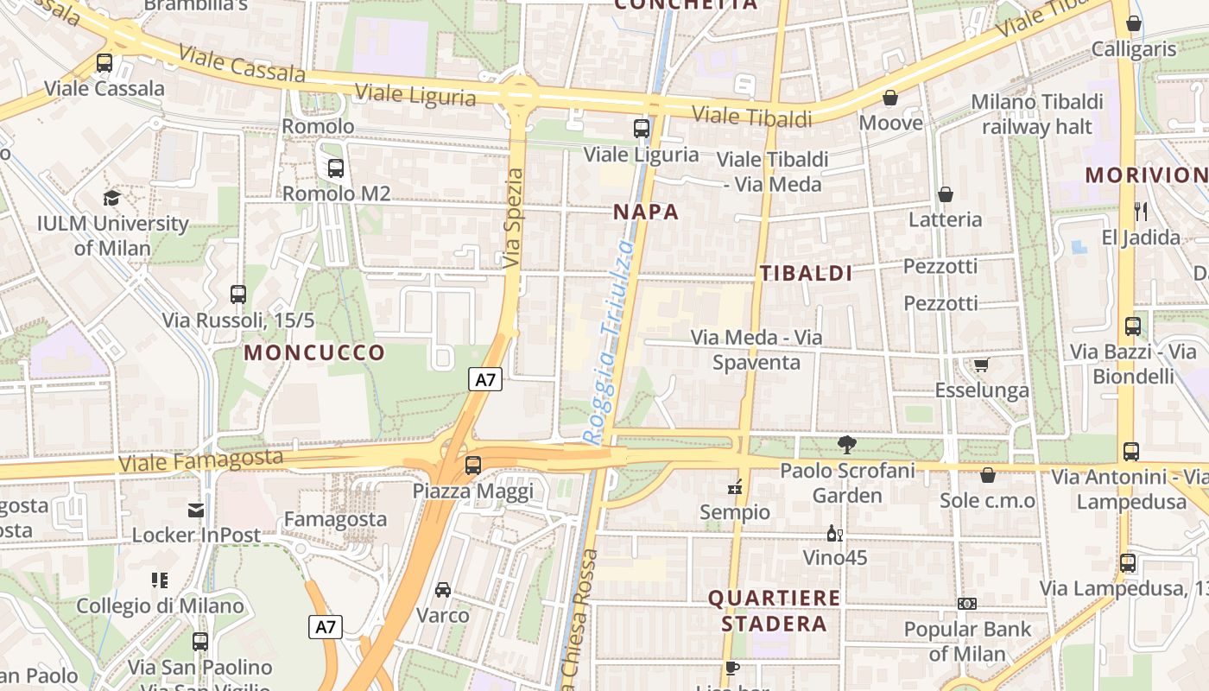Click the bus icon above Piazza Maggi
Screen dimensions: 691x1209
point(472,466)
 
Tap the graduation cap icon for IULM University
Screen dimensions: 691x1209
point(111,198)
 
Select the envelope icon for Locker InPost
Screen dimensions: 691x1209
point(196,510)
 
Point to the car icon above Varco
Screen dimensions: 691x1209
point(443,590)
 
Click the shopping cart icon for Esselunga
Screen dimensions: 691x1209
point(981,365)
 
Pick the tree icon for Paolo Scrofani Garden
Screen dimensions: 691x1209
point(847,445)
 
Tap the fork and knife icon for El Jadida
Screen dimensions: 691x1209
point(1141,211)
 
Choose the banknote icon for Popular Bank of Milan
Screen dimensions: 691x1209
point(967,604)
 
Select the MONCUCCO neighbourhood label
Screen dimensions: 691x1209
point(314,352)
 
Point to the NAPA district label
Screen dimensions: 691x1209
point(646,212)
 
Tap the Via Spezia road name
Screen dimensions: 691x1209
point(514,218)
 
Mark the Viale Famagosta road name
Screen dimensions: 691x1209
point(200,460)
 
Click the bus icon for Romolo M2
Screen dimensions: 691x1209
point(336,168)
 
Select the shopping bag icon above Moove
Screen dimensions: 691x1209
point(890,98)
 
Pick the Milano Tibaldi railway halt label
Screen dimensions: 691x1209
point(1037,114)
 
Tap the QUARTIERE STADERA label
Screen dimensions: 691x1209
point(774,611)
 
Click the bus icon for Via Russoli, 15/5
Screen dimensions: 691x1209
point(238,295)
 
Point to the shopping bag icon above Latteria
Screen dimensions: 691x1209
point(946,194)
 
